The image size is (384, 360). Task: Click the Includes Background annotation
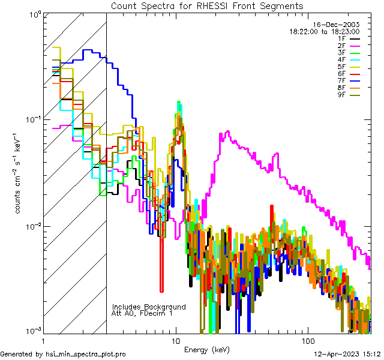(149, 307)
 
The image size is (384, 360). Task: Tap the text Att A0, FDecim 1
(142, 313)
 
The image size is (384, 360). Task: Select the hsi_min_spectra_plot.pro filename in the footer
(86, 355)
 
